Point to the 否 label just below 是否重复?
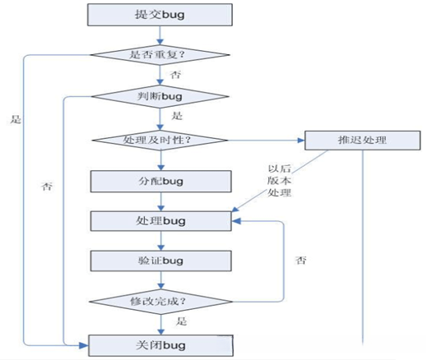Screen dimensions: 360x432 174,75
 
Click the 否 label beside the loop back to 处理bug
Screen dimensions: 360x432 300,260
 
